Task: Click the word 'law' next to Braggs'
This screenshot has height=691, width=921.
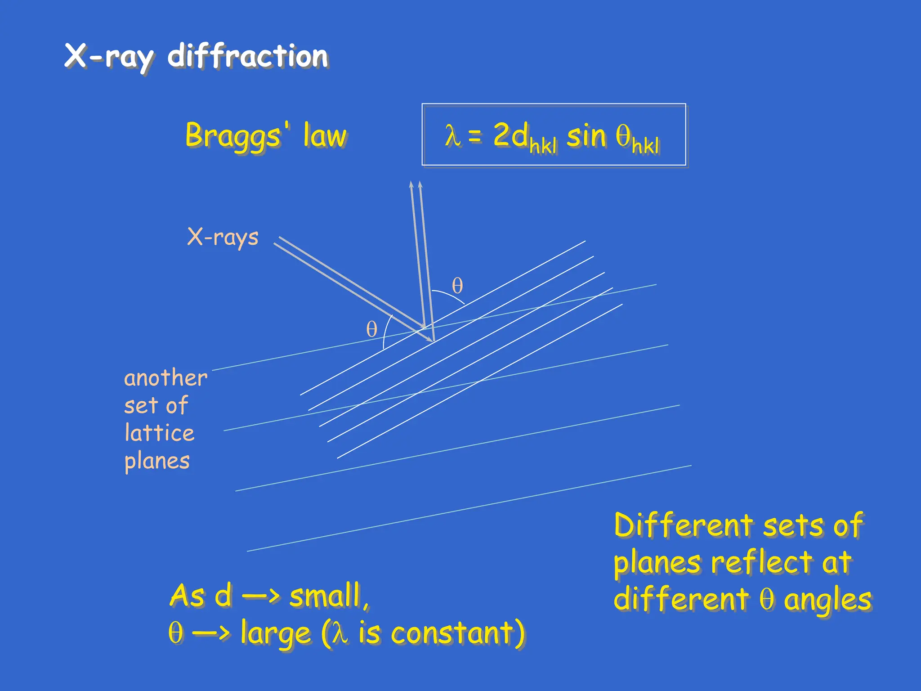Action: point(325,135)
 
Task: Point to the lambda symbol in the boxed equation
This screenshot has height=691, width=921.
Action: point(452,135)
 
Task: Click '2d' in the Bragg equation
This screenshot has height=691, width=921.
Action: point(511,135)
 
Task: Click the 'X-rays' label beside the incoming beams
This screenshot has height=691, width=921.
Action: point(223,237)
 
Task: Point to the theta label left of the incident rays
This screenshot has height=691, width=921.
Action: point(371,329)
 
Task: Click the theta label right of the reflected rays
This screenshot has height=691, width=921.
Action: point(457,286)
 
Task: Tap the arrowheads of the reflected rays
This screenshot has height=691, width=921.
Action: point(416,185)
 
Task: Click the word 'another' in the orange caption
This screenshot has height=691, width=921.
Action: point(165,378)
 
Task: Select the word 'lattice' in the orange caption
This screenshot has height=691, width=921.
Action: point(160,433)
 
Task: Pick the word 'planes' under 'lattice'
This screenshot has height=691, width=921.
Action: point(157,461)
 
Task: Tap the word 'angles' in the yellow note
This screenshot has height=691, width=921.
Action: point(827,600)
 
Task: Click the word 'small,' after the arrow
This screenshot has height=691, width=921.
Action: point(329,596)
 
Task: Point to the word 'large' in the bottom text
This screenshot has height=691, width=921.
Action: point(275,633)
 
